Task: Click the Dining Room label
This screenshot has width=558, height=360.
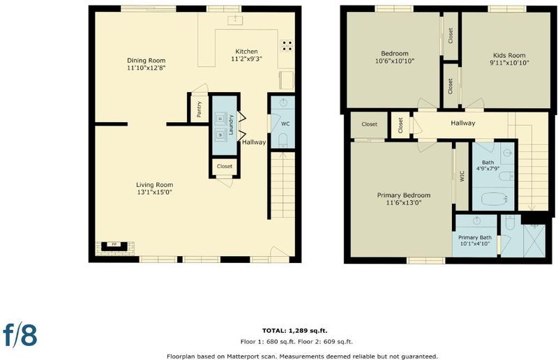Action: pyautogui.click(x=146, y=61)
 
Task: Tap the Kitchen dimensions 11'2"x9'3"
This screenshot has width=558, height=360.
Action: pyautogui.click(x=247, y=59)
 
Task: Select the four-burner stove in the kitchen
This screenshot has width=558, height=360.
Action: pyautogui.click(x=287, y=45)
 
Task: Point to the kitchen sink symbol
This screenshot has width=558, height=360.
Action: pyautogui.click(x=235, y=20)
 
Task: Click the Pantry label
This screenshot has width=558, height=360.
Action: pyautogui.click(x=199, y=110)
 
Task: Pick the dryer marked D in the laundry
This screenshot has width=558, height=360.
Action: pyautogui.click(x=220, y=118)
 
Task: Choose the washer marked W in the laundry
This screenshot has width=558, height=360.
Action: pyautogui.click(x=220, y=135)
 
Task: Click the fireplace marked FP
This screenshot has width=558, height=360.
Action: pyautogui.click(x=114, y=246)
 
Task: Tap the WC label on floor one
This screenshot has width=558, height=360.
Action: pyautogui.click(x=285, y=124)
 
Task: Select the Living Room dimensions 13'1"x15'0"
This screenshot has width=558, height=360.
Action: pyautogui.click(x=154, y=193)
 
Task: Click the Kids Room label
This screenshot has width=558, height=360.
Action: pyautogui.click(x=509, y=55)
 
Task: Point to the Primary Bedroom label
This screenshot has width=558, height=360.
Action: pyautogui.click(x=404, y=195)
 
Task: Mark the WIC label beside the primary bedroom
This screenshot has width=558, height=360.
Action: pyautogui.click(x=462, y=177)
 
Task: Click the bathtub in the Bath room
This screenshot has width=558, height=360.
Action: pyautogui.click(x=495, y=199)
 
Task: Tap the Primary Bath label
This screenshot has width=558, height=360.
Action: pyautogui.click(x=475, y=237)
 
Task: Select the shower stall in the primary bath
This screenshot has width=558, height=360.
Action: pyautogui.click(x=534, y=240)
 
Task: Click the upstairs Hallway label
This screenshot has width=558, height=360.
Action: pyautogui.click(x=463, y=123)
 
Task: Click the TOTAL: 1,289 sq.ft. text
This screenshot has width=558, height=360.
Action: pyautogui.click(x=295, y=331)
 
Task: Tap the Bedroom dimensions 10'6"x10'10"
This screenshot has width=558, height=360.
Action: pyautogui.click(x=395, y=61)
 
